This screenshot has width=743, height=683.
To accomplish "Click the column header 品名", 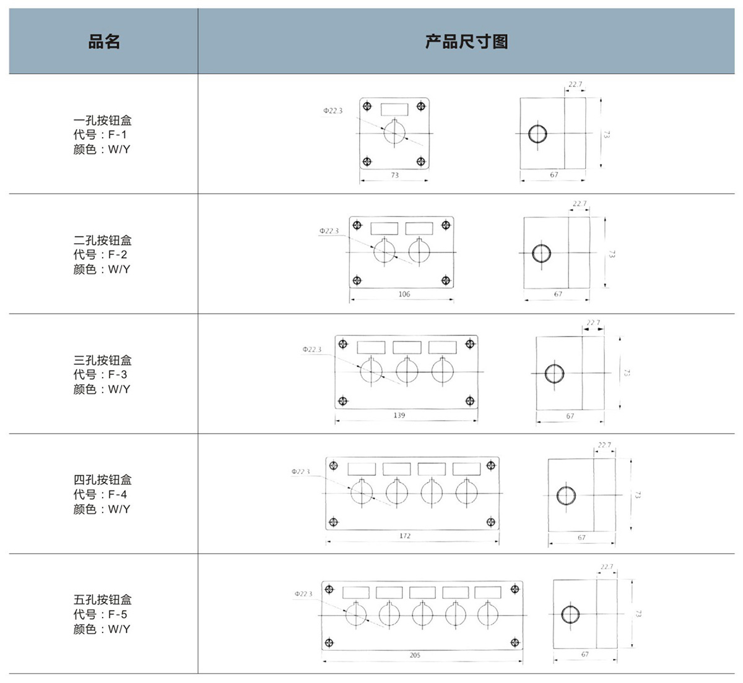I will point(103,42).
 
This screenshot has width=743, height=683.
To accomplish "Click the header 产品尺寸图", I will point(466,42).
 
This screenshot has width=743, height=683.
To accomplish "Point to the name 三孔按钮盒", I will point(102,360).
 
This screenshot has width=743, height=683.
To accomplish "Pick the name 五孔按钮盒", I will point(102,599).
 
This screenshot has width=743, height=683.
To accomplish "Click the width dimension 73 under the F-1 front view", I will point(395,175).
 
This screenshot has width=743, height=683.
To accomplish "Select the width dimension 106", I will point(404,294).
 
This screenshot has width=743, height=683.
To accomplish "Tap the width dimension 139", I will point(399,415).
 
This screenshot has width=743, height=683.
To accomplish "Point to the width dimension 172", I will point(405,536).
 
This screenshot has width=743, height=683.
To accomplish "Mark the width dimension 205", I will point(415,655).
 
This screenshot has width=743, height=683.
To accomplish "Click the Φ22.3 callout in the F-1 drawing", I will point(332,111).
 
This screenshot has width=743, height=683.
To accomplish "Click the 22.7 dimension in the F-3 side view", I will point(593,323).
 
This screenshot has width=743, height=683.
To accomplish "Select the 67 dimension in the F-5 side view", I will point(585,654).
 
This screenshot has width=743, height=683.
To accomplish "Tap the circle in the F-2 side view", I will point(541,253).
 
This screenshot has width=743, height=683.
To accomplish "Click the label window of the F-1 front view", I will point(394,110).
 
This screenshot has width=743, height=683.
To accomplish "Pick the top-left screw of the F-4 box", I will point(334,465).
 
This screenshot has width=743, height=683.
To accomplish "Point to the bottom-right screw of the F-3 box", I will point(470,401).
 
